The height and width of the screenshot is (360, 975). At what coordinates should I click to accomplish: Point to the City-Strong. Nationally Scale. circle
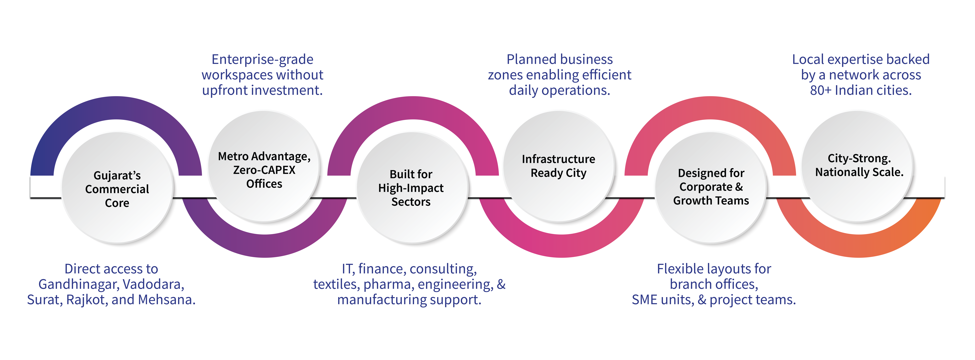click(858, 167)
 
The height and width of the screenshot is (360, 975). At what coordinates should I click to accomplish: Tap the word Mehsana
click(166, 300)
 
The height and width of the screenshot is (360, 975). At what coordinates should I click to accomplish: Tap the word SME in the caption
click(643, 300)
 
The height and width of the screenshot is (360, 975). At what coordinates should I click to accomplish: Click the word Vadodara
click(153, 284)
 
